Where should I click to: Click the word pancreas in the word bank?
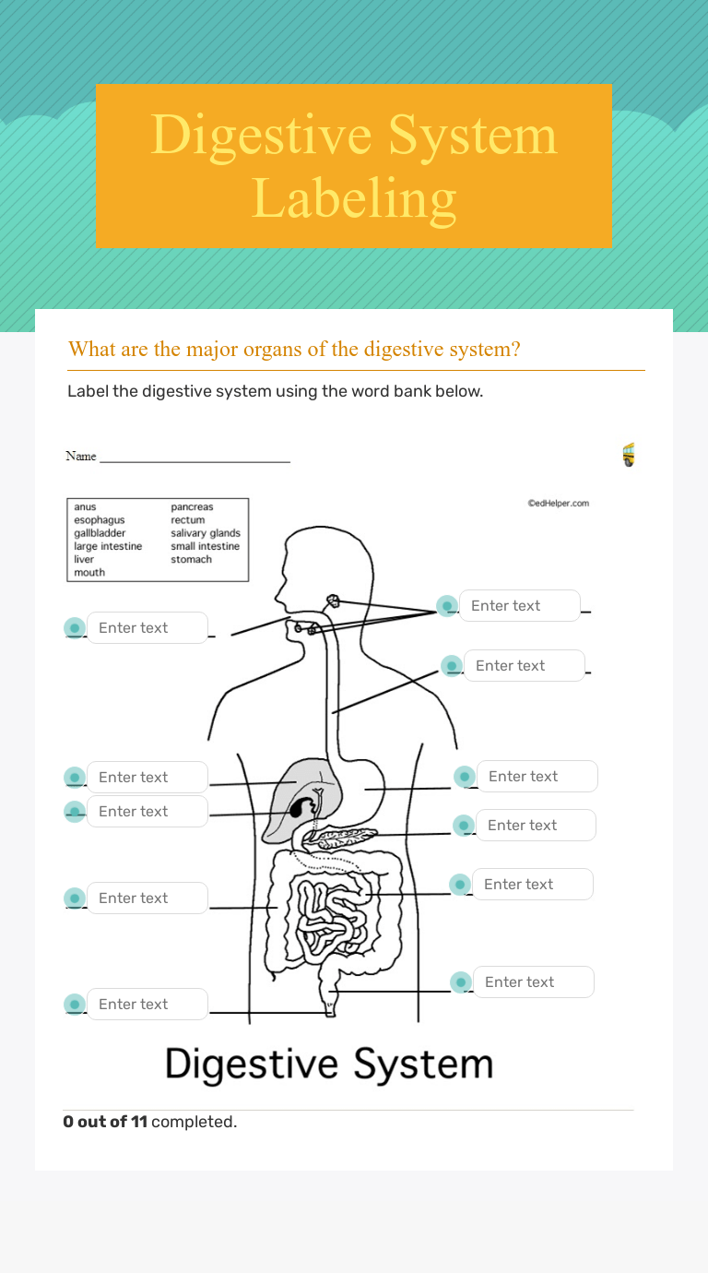[192, 507]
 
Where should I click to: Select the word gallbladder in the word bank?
[100, 533]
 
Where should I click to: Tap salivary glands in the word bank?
[206, 533]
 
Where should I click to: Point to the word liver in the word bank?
[84, 559]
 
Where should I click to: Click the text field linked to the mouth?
[147, 628]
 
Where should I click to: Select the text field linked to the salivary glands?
[519, 606]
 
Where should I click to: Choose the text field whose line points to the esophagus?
[524, 666]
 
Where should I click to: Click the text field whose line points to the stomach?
[537, 777]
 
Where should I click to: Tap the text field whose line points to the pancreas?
[536, 826]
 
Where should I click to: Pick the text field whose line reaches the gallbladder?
[147, 812]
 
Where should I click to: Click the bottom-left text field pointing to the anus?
[147, 1005]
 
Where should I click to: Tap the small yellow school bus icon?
[629, 455]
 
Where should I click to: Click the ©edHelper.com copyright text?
[558, 504]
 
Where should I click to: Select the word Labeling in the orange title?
[354, 197]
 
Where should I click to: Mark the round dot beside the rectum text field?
[461, 982]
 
